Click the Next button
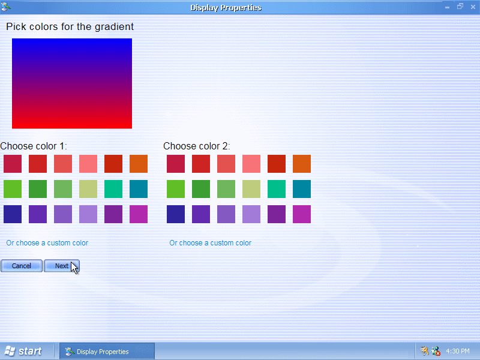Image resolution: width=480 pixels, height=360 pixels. pos(62,266)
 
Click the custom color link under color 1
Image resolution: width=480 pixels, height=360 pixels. pos(47,243)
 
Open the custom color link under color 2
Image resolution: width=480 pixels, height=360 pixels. pos(211,243)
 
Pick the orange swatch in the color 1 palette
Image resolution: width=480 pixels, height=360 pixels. pos(139,164)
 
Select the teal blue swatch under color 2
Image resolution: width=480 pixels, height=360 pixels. pos(302,189)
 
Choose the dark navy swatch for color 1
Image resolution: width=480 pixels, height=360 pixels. pos(13,214)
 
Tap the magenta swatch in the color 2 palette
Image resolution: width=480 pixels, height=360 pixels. pos(302,214)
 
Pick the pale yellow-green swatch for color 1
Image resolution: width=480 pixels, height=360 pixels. pos(88,189)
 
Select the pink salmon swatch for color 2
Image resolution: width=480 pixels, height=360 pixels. pos(251,164)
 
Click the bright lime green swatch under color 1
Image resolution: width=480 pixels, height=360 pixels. pos(13,189)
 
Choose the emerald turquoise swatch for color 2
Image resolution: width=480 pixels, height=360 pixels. pos(277,189)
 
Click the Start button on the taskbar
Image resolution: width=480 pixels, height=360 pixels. pos(23,351)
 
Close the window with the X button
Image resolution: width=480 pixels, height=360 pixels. pos(473,7)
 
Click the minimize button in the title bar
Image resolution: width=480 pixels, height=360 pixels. pos(447,7)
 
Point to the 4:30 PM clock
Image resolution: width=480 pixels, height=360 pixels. pos(458,351)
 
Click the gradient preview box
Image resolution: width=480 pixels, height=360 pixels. pos(72,83)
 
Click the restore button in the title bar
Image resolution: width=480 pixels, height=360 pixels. pos(460,7)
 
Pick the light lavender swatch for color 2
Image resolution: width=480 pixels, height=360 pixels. pos(251,214)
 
